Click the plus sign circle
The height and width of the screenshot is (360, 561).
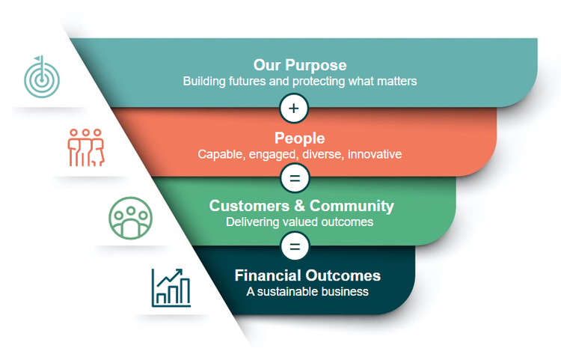pyautogui.click(x=294, y=109)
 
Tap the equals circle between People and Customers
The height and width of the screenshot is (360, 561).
pyautogui.click(x=294, y=178)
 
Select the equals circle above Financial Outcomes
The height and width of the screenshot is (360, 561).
pyautogui.click(x=294, y=245)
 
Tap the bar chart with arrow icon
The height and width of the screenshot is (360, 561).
pyautogui.click(x=171, y=287)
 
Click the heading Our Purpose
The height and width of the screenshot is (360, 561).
pyautogui.click(x=300, y=65)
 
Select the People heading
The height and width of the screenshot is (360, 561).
pyautogui.click(x=299, y=138)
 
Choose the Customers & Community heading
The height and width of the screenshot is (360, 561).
pyautogui.click(x=301, y=206)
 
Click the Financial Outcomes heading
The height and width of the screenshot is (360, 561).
pyautogui.click(x=307, y=275)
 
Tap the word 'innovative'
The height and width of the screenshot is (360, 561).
pyautogui.click(x=374, y=155)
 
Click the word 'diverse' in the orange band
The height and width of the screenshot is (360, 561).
pyautogui.click(x=322, y=155)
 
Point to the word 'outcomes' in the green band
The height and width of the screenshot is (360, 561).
pyautogui.click(x=350, y=222)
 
